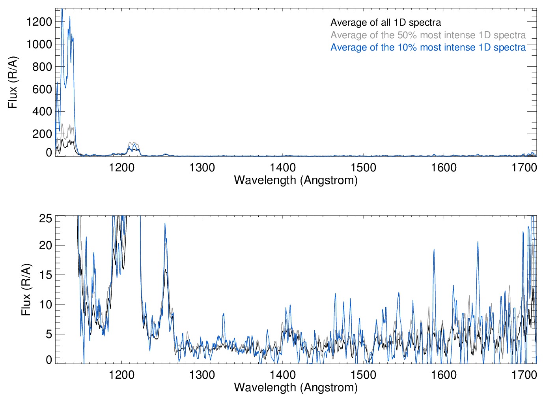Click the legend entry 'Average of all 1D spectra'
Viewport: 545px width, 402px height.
tap(385, 23)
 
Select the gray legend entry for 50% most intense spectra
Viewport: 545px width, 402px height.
tap(428, 35)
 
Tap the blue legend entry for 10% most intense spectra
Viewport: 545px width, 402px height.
tap(428, 47)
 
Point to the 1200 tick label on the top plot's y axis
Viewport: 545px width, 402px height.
tap(39, 22)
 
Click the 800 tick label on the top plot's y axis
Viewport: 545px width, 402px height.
tap(42, 67)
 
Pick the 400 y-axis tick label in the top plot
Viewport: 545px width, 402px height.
tap(42, 111)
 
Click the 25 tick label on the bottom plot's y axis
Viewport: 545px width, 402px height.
tap(46, 218)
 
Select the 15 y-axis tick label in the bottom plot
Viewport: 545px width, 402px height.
tap(46, 275)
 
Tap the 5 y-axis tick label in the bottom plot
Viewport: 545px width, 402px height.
tap(49, 334)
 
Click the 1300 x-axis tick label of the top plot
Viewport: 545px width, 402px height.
tap(202, 168)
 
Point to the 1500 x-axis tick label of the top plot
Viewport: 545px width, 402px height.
tap(363, 168)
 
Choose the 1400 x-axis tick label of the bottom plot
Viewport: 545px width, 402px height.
tap(283, 374)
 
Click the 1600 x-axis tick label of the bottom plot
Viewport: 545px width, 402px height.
tap(444, 374)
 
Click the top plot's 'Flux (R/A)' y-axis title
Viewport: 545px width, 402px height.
tap(13, 83)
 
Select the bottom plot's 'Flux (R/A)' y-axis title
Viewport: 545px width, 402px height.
tap(26, 290)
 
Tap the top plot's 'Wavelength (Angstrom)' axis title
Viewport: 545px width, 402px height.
tap(296, 180)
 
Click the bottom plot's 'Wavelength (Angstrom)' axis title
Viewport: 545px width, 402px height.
tap(296, 387)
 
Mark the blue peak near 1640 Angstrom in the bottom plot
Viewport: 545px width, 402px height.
tap(478, 242)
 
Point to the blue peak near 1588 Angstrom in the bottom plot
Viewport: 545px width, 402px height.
tap(434, 250)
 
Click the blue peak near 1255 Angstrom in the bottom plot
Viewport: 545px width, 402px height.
tap(165, 224)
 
